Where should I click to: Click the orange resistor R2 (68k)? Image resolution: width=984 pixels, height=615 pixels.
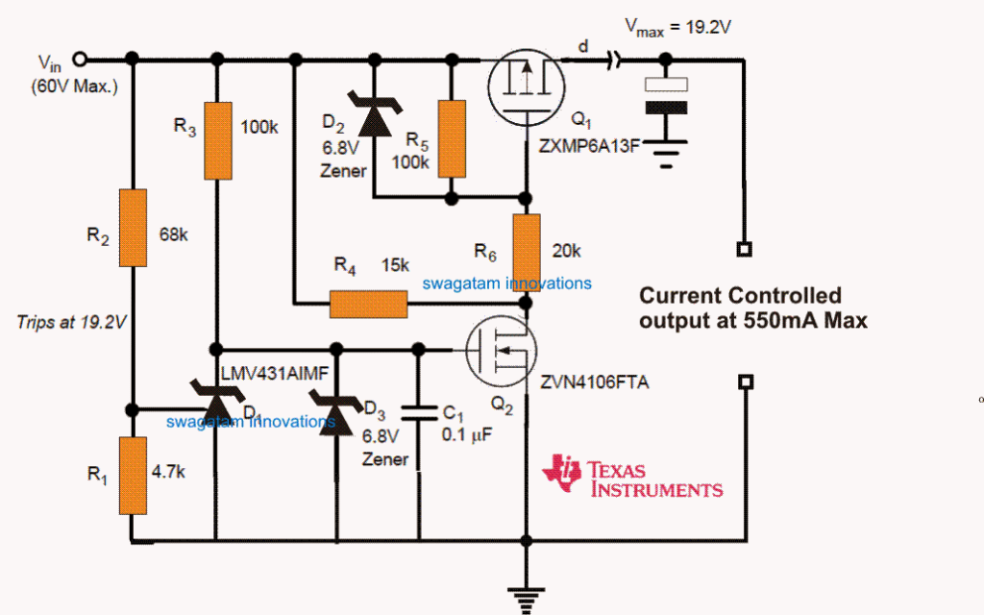[x=133, y=228]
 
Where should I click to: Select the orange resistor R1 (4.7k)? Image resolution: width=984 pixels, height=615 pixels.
[x=133, y=476]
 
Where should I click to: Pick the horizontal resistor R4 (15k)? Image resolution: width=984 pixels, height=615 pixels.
[x=368, y=304]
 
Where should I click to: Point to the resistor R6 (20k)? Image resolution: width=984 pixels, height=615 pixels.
[x=527, y=247]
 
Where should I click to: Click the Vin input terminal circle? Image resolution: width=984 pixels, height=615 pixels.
[x=81, y=59]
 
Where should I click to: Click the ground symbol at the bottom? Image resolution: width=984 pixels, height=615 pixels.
[x=526, y=598]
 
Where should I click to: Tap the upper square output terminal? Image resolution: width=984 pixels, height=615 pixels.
[x=743, y=249]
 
